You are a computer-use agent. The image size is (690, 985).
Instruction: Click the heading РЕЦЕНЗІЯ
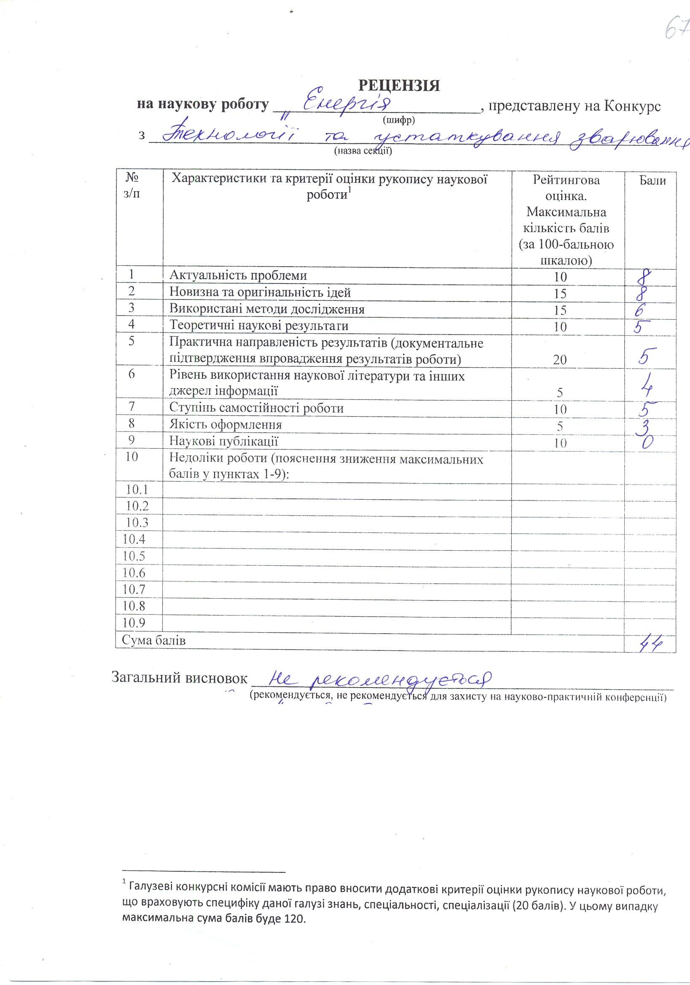[x=399, y=86]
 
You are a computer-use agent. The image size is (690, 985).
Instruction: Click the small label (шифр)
[x=399, y=120]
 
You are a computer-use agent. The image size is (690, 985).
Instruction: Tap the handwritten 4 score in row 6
[x=647, y=386]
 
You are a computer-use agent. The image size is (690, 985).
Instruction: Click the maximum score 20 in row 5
[x=560, y=360]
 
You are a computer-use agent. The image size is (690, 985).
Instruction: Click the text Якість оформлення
[x=226, y=425]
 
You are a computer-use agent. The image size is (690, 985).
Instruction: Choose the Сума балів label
[x=153, y=641]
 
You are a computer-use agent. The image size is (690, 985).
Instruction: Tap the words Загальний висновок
[x=180, y=677]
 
